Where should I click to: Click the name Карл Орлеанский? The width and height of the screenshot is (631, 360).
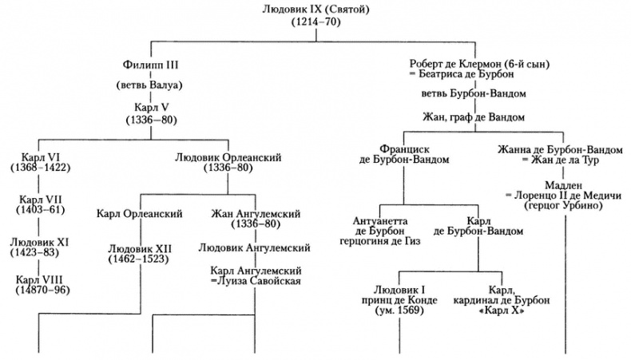click(139, 214)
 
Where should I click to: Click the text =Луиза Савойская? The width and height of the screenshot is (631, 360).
click(255, 282)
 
